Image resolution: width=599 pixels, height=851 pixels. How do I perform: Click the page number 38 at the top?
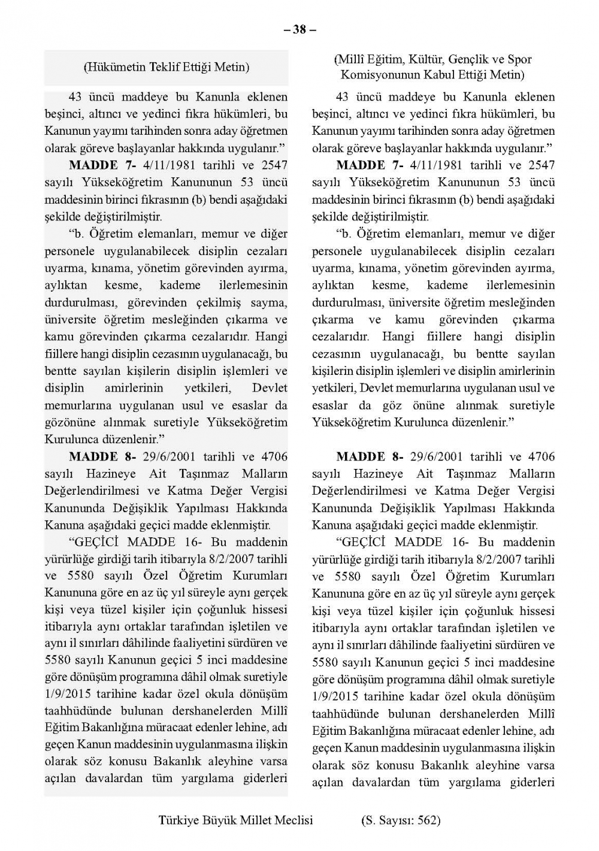pyautogui.click(x=299, y=29)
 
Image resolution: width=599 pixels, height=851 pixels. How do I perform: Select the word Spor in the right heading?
pyautogui.click(x=519, y=59)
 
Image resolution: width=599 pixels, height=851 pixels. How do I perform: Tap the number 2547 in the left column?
pyautogui.click(x=274, y=165)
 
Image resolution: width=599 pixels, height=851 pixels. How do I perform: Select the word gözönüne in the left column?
pyautogui.click(x=70, y=422)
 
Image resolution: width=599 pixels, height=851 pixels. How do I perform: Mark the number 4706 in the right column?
pyautogui.click(x=541, y=456)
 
